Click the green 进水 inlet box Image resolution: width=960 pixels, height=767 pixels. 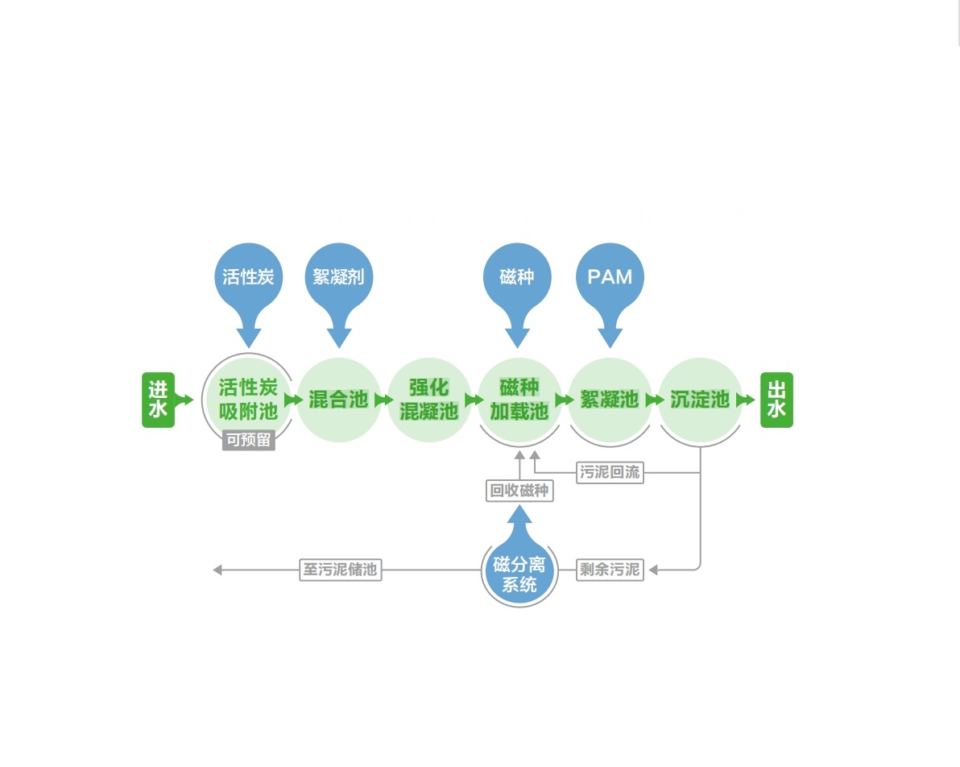pyautogui.click(x=158, y=400)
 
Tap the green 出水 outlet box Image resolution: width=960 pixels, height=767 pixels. pyautogui.click(x=776, y=400)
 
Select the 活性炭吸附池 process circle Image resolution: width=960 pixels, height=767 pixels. pyautogui.click(x=248, y=400)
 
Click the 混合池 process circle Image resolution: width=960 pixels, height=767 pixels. pyautogui.click(x=338, y=400)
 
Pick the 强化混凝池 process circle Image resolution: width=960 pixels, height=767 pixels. pyautogui.click(x=428, y=400)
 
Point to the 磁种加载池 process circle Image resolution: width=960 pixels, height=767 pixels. pyautogui.click(x=519, y=400)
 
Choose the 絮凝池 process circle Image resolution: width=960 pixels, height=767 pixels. pyautogui.click(x=610, y=400)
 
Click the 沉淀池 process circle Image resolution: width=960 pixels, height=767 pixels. pyautogui.click(x=700, y=400)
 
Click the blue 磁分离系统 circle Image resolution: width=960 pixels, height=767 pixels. pyautogui.click(x=519, y=574)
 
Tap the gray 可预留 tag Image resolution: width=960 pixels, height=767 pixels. pyautogui.click(x=248, y=441)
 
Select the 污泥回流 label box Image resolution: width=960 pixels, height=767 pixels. pyautogui.click(x=610, y=472)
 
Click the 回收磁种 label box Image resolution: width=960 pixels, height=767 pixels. pyautogui.click(x=519, y=491)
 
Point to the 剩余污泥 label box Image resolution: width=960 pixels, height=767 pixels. pyautogui.click(x=610, y=570)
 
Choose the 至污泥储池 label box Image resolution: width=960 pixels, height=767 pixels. pyautogui.click(x=339, y=570)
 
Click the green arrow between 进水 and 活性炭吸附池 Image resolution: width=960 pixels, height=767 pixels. pyautogui.click(x=184, y=400)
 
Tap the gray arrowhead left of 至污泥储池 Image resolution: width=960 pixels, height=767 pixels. pyautogui.click(x=217, y=570)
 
